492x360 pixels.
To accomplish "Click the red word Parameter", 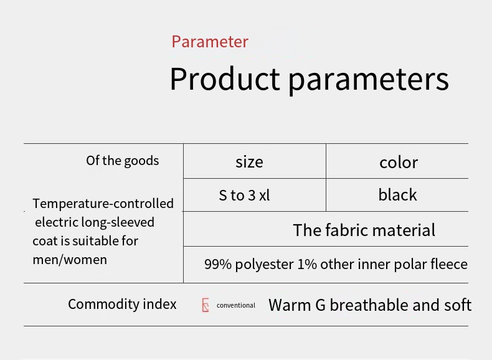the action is coord(210,42).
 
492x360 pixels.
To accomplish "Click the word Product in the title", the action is coord(225,78).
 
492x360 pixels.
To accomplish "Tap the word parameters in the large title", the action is coord(369,81).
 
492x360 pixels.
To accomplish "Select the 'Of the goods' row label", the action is coord(122,161).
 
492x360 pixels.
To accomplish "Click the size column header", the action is coord(250,162).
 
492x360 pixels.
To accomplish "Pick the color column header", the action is coord(399,163).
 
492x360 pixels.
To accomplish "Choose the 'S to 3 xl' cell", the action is coord(244,195).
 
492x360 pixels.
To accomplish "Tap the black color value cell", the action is coord(397,194).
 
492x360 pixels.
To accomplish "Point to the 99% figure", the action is coord(218,264).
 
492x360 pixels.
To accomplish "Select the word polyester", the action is coord(264,265).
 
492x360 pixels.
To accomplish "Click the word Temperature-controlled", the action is coord(103,204).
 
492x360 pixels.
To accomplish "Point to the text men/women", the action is coord(70,260).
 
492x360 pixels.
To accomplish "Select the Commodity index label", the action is coord(122,304).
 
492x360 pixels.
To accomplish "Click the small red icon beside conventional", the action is coord(206,305).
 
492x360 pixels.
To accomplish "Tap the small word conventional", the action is coord(235,305).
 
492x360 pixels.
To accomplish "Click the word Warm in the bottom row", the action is coord(290,305).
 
